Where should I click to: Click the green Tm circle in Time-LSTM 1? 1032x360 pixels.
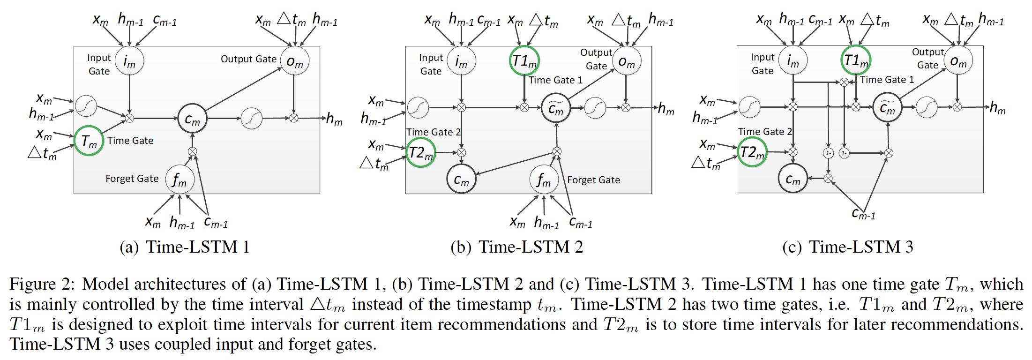tap(89, 141)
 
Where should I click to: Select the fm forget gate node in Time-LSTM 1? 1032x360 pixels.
tap(179, 179)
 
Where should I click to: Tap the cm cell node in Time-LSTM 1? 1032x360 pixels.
tap(192, 119)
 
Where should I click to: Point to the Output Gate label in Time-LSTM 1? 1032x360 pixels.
tap(248, 59)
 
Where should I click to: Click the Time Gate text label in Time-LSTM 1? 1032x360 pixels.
tap(130, 141)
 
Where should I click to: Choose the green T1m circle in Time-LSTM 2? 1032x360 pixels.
tap(524, 60)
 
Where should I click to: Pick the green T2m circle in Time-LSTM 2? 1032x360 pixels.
tap(420, 153)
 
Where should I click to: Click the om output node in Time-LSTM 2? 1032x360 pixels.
tap(626, 61)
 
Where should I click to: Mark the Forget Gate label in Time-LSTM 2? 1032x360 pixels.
tap(593, 180)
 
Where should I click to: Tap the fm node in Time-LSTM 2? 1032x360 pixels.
tap(544, 180)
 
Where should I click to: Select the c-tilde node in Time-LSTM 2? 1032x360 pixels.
tap(556, 108)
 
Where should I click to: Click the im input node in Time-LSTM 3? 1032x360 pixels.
tap(793, 60)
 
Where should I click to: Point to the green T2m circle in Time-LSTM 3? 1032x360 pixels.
tap(752, 152)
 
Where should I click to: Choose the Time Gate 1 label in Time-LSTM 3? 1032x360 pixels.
tap(887, 80)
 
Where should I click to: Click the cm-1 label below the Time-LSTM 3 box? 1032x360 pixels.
tap(863, 214)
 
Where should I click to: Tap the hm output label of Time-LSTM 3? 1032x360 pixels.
tap(997, 108)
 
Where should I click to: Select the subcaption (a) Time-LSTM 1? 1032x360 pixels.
tap(185, 247)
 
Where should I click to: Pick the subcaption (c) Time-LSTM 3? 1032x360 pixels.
tap(847, 247)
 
